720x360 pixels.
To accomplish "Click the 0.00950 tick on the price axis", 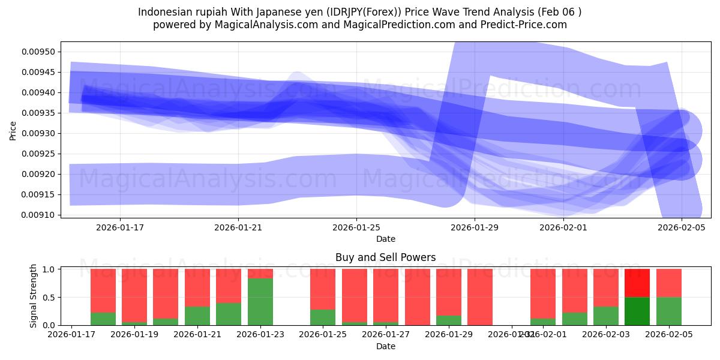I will pos(38,52).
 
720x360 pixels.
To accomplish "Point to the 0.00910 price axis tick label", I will pos(38,215).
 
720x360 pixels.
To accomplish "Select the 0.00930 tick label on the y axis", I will pos(38,133).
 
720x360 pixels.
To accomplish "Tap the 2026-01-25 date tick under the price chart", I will pos(357,227).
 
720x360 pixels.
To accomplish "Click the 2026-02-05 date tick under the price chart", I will pos(682,227).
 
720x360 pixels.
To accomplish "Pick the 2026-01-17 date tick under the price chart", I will pos(120,227).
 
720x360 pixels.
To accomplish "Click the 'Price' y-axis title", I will pos(13,130).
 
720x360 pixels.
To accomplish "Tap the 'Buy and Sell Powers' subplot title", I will pos(385,258).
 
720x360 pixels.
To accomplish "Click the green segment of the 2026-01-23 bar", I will pos(260,302).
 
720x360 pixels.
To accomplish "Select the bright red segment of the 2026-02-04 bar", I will pos(637,283).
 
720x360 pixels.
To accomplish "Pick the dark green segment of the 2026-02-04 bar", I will pos(637,311).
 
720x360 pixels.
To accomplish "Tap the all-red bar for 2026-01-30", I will pos(480,297).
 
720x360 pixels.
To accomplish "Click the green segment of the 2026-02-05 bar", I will pos(668,311).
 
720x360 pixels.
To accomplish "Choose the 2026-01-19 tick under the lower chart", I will pos(135,334).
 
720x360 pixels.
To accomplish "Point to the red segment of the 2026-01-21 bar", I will pos(197,288).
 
